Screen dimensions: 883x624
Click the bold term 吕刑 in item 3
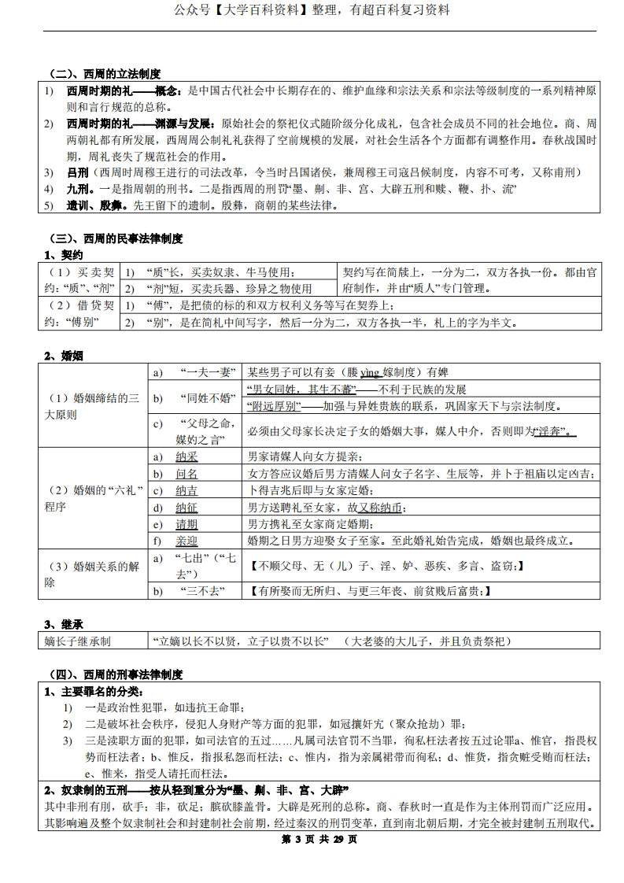77,172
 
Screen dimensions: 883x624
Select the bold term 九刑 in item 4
77,190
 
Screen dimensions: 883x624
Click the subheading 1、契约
62,254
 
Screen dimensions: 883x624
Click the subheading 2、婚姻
62,355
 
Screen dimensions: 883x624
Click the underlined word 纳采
186,456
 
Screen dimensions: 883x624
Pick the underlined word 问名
186,474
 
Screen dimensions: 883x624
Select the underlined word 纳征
186,508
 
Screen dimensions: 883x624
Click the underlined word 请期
186,524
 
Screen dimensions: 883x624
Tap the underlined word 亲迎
186,541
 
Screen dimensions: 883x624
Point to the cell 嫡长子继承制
78,641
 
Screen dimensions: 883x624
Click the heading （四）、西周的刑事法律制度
115,674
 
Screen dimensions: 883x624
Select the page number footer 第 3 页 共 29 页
313,839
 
